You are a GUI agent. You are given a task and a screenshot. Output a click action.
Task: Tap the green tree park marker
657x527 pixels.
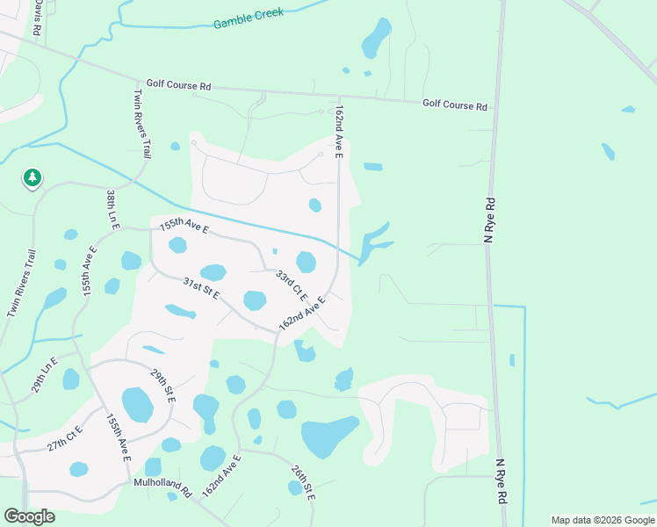click(x=32, y=178)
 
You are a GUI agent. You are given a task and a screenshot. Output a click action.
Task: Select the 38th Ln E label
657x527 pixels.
click(x=112, y=209)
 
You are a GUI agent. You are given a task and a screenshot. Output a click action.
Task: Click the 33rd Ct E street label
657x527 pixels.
click(x=291, y=285)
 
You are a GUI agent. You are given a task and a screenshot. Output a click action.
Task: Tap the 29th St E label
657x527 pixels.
click(x=162, y=386)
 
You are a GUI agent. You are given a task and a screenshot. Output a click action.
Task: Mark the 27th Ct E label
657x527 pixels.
click(x=64, y=438)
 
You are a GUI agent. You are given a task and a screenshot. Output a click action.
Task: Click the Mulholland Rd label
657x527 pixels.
click(x=162, y=483)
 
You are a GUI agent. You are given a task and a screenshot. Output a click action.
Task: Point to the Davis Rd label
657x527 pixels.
click(x=38, y=18)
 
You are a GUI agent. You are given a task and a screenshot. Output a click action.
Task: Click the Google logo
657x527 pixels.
click(x=29, y=516)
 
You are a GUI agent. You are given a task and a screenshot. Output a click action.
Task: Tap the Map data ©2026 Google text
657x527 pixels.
click(x=602, y=520)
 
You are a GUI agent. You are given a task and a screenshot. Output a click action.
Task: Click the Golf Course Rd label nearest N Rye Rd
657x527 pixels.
click(x=455, y=105)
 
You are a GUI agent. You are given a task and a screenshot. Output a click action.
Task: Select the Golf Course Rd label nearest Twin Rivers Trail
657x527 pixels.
click(x=179, y=86)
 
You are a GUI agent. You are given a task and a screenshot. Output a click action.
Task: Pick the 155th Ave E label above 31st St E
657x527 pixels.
click(x=184, y=227)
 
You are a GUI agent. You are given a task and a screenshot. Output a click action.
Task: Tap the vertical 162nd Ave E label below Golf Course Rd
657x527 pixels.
click(x=338, y=133)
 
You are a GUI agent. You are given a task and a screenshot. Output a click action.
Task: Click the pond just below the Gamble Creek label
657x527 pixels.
click(x=376, y=37)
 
